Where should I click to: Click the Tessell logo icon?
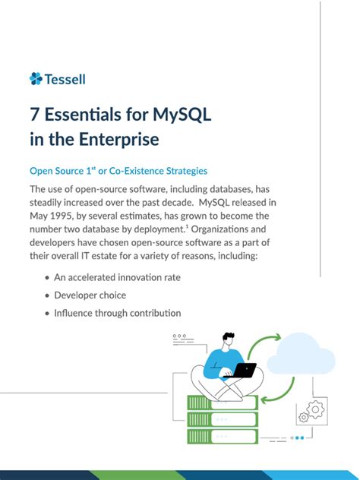36,78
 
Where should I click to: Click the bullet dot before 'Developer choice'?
48,295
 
